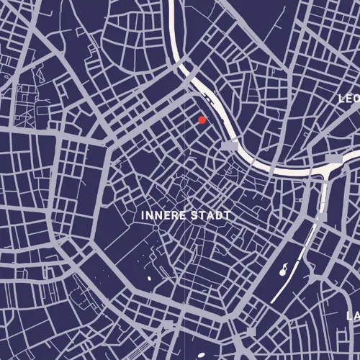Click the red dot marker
[202, 120]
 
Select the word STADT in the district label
[210, 215]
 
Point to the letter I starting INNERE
[144, 215]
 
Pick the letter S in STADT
[192, 215]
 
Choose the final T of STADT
[227, 215]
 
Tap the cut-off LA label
[353, 315]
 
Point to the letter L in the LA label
[349, 315]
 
